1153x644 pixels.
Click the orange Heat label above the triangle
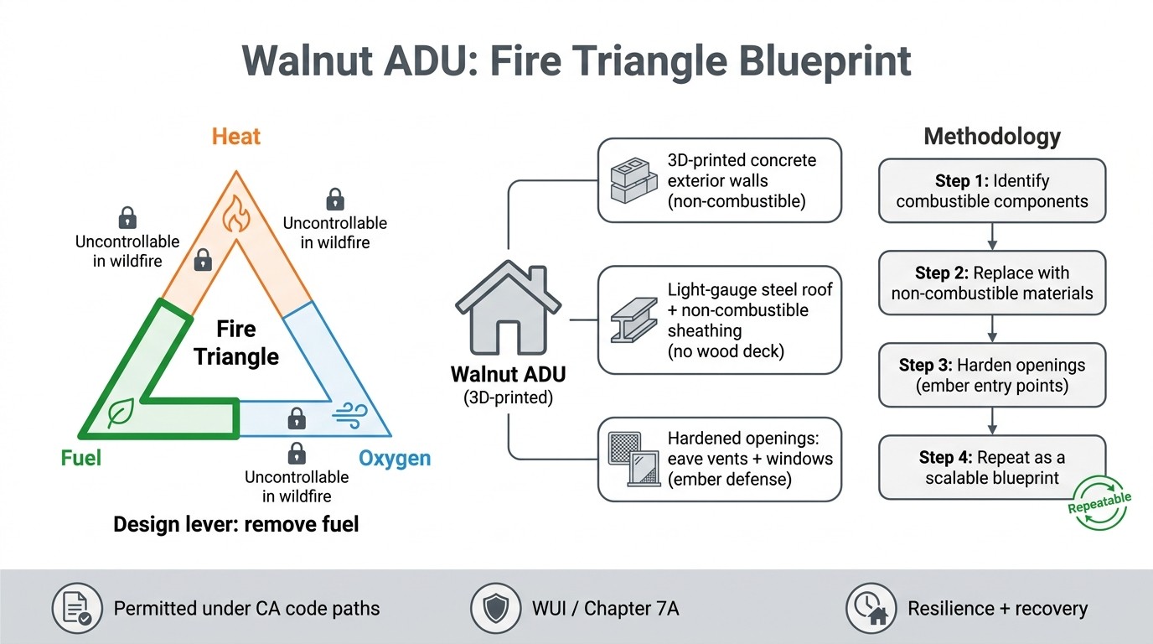[235, 137]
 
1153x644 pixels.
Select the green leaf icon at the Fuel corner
[122, 413]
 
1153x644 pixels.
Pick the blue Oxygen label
[395, 459]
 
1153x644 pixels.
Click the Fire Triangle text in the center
[236, 342]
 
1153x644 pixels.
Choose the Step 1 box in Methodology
[992, 191]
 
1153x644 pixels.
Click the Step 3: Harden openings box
[992, 376]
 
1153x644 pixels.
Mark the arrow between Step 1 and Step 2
[992, 236]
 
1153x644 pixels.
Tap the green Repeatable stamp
[1099, 503]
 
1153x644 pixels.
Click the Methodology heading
[992, 137]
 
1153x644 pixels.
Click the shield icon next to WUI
[494, 608]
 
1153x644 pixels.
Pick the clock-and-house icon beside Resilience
[870, 608]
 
